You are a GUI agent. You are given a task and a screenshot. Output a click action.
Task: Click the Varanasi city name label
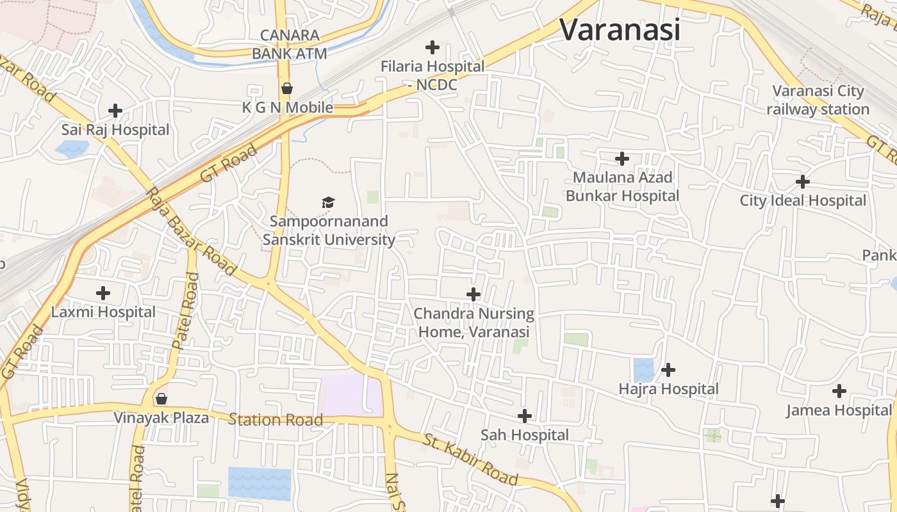[619, 29]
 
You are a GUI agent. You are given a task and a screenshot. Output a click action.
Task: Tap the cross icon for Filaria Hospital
[432, 47]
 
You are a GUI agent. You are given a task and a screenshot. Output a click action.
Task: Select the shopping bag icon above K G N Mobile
[287, 88]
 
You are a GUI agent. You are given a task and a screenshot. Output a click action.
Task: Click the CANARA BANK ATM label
[290, 44]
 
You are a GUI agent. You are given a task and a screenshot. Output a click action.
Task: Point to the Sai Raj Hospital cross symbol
[115, 111]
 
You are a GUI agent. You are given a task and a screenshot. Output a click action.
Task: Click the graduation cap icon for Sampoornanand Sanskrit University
[328, 203]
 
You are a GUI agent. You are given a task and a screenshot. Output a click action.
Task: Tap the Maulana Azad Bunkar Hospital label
[621, 186]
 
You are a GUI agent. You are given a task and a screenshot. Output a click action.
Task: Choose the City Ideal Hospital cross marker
[802, 182]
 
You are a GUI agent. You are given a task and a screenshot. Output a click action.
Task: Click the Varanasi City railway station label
[818, 100]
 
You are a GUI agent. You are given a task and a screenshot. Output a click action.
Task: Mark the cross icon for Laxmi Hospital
[103, 294]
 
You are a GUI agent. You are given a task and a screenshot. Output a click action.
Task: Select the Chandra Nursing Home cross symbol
[473, 294]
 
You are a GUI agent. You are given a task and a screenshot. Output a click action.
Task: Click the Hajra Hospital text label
[668, 389]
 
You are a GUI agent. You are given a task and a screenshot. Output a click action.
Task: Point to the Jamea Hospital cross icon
[839, 391]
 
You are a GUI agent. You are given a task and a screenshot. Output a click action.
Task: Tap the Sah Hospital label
[525, 435]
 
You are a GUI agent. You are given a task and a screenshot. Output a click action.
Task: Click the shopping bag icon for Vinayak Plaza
[161, 399]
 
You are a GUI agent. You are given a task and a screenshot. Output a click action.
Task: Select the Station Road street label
[276, 420]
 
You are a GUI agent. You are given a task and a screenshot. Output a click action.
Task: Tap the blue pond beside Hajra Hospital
[643, 370]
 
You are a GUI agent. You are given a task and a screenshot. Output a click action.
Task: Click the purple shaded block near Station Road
[350, 394]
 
